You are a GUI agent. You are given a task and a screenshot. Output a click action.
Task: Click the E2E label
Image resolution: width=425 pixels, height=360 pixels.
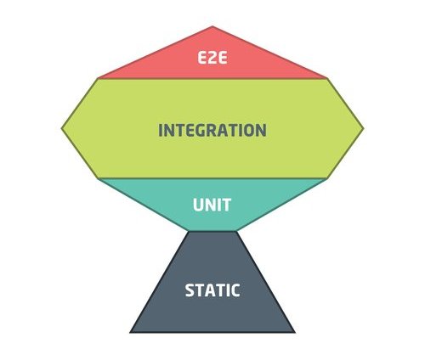click(212, 59)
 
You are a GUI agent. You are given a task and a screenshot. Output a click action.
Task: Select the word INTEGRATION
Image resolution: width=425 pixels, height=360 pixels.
click(212, 130)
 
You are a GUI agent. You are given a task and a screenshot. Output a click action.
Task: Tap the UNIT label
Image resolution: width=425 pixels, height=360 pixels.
click(212, 205)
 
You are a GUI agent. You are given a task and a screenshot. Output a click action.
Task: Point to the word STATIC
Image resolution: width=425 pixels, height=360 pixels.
click(212, 290)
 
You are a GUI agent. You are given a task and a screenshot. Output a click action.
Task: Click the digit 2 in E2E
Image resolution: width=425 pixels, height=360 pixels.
click(212, 59)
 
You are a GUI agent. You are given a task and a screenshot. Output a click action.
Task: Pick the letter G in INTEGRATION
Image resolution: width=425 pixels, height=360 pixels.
click(198, 130)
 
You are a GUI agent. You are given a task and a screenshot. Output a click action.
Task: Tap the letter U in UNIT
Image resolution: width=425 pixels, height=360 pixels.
click(198, 205)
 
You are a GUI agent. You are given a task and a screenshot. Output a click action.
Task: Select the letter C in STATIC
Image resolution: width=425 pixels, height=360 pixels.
click(235, 290)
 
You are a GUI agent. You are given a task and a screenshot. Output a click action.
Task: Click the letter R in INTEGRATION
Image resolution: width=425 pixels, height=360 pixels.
click(211, 130)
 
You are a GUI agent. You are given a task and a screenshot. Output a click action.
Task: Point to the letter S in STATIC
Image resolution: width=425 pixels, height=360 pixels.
click(190, 290)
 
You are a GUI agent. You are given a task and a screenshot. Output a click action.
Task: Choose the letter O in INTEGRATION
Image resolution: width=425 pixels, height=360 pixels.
click(249, 130)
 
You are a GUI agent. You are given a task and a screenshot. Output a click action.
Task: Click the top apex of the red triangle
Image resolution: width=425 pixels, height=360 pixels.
click(212, 26)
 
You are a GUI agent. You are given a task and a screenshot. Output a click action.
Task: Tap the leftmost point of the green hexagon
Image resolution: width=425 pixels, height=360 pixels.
click(61, 128)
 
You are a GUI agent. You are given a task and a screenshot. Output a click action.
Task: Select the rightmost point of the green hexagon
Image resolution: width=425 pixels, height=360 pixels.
click(364, 128)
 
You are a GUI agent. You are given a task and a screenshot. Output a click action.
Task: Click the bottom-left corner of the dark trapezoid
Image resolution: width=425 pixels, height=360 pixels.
click(130, 333)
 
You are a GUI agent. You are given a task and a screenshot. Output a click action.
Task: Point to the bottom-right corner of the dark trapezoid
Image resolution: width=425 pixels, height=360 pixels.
click(295, 333)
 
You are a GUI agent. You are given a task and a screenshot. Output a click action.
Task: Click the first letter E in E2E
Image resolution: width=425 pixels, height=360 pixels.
click(201, 59)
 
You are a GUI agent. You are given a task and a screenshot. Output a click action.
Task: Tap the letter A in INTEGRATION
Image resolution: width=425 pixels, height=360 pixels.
click(223, 130)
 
